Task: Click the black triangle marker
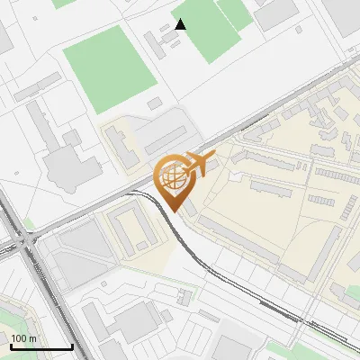point(181,24)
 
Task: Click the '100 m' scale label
point(24,338)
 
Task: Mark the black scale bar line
point(41,347)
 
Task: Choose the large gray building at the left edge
point(61,162)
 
